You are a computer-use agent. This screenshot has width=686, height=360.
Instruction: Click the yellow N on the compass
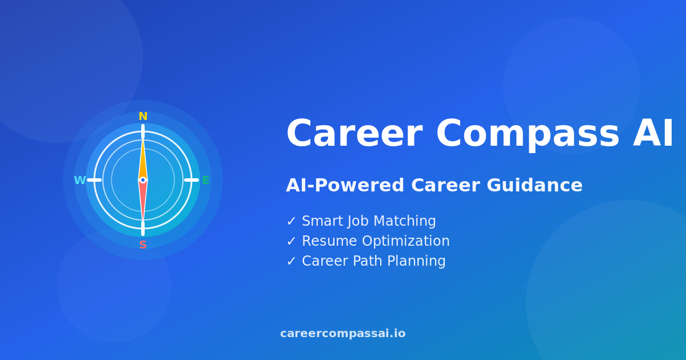pos(143,117)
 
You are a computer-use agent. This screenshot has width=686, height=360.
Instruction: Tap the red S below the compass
pos(143,245)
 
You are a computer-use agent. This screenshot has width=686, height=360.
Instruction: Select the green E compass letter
pos(206,181)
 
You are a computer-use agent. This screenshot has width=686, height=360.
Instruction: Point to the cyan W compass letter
pos(79,181)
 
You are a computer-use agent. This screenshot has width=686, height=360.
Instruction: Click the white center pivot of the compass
pos(143,180)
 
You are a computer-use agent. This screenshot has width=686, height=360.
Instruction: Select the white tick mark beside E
pos(191,180)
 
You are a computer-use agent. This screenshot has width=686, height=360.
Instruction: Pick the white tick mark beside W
pos(94,180)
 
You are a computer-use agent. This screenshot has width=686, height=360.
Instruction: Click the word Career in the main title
pos(354,135)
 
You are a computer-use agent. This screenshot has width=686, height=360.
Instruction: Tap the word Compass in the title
pos(527,135)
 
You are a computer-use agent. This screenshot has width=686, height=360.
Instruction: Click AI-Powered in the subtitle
pos(345,186)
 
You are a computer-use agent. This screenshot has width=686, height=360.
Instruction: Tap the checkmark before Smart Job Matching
pos(291,222)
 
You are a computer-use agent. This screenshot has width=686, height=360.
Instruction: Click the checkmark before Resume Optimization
pos(291,242)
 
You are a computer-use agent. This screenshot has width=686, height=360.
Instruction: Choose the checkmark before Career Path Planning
pos(291,262)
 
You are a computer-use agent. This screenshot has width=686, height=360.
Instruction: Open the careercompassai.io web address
pos(343,334)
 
